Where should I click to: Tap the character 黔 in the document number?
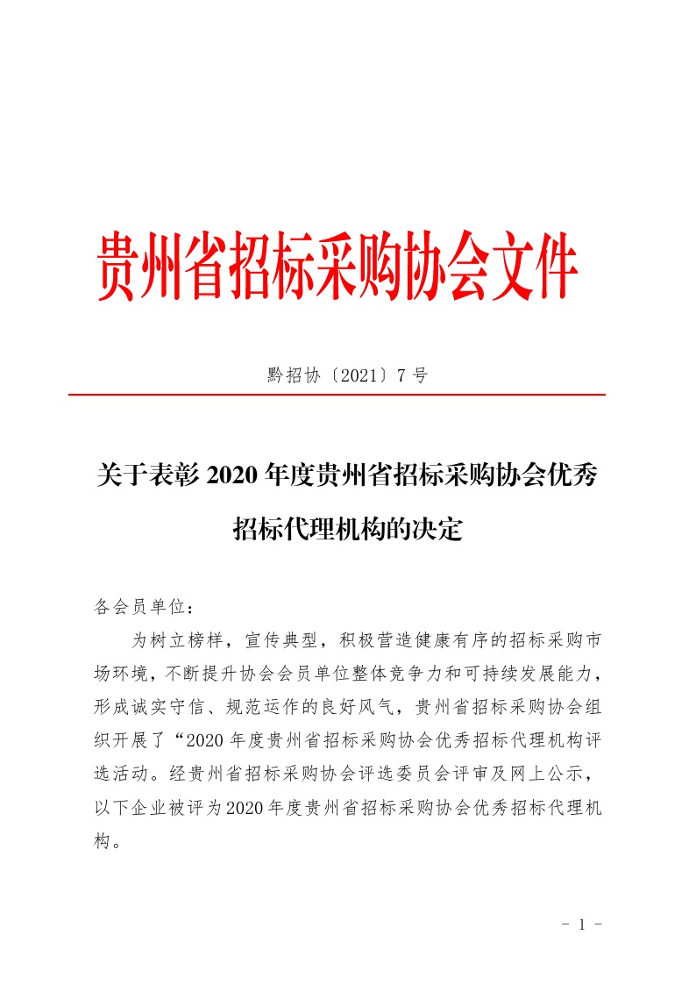pyautogui.click(x=275, y=376)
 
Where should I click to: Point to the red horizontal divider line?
pyautogui.click(x=337, y=396)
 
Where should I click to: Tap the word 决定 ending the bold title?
pyautogui.click(x=439, y=529)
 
